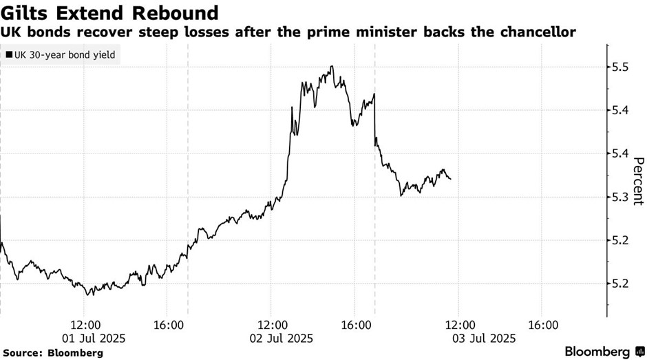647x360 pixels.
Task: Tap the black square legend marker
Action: [9, 55]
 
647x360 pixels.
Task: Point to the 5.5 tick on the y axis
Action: [621, 67]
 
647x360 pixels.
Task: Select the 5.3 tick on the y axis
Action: [621, 198]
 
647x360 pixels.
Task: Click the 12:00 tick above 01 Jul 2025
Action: [85, 324]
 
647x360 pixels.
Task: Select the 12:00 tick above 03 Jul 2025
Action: [460, 324]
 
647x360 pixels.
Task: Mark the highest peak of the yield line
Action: [332, 67]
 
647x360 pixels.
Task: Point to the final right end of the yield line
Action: [451, 179]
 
